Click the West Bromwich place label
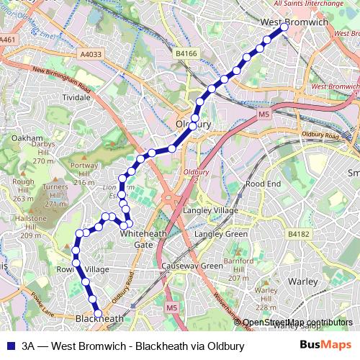click(294, 23)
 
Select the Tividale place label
click(76, 96)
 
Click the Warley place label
click(302, 282)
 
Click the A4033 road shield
click(91, 53)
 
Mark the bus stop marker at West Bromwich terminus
click(284, 27)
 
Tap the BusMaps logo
click(325, 346)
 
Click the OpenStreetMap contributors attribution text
click(297, 323)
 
